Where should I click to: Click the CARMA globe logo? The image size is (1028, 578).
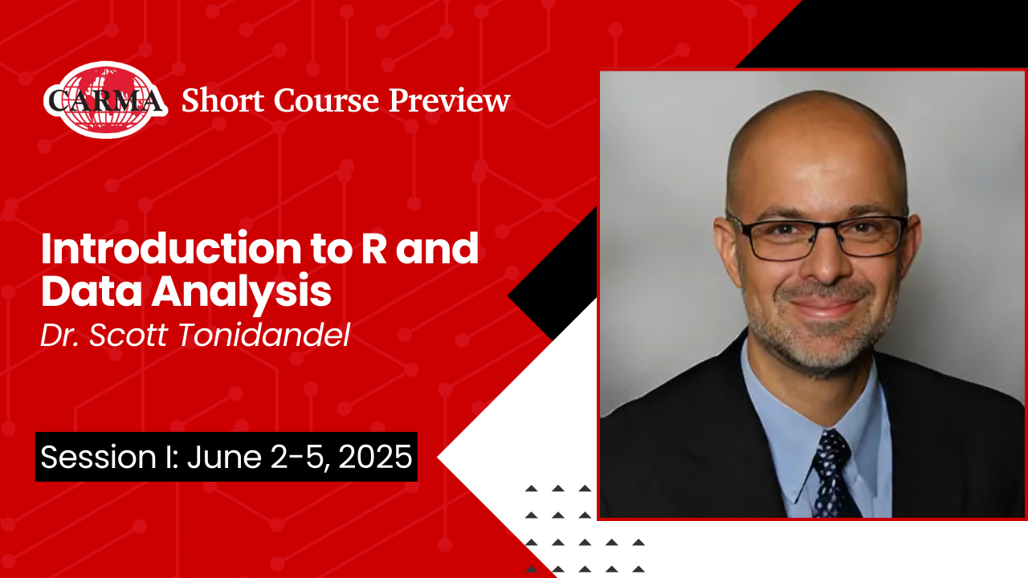tap(105, 100)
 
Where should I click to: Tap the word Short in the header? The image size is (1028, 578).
tap(222, 100)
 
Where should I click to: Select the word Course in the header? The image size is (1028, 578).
tap(326, 100)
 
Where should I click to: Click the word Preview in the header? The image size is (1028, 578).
tap(449, 100)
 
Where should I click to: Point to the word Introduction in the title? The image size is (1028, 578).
tap(171, 249)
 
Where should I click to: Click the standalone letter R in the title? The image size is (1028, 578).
tap(374, 249)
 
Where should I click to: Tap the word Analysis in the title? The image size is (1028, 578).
tap(242, 294)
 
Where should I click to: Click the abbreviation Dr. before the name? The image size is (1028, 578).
tap(59, 335)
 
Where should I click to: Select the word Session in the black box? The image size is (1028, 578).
tap(99, 457)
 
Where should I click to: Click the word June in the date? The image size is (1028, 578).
tap(224, 457)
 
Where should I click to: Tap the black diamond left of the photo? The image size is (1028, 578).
tap(552, 275)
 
